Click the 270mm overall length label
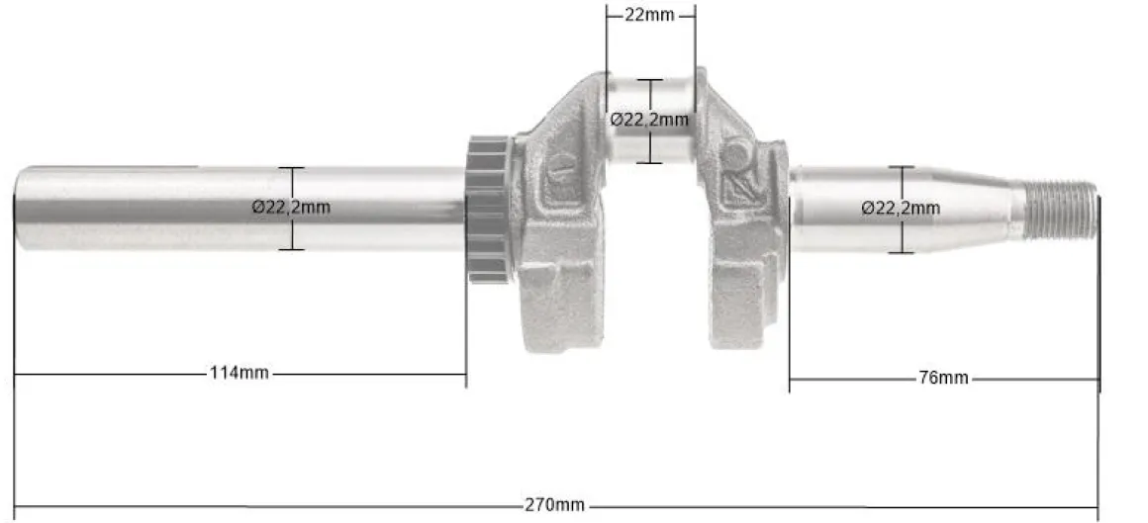(554, 505)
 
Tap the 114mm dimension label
(239, 373)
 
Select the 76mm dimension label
(943, 379)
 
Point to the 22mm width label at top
(649, 15)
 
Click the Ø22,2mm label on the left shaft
(291, 207)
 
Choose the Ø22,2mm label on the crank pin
(650, 120)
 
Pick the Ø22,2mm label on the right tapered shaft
(901, 209)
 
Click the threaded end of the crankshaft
(1060, 211)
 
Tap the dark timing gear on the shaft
(488, 210)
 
